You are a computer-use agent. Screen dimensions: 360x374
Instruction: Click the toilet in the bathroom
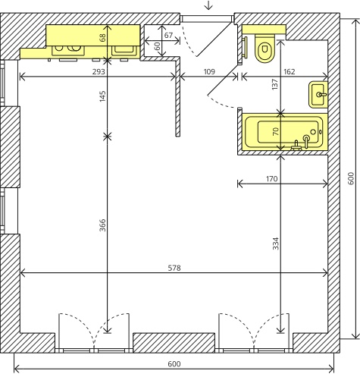(265, 48)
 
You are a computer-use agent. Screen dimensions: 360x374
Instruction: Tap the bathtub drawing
(285, 132)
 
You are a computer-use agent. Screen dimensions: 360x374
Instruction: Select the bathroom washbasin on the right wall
(318, 94)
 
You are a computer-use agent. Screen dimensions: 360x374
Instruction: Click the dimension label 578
(174, 268)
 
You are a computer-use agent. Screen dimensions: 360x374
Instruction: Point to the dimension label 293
(99, 72)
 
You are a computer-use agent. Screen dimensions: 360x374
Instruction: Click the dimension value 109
(209, 72)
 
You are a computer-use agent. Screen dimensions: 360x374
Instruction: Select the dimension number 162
(289, 72)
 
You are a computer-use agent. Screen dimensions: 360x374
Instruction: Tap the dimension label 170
(271, 179)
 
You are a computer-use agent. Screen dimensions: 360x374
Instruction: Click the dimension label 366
(102, 225)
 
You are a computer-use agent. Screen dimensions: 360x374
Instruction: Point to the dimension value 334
(276, 244)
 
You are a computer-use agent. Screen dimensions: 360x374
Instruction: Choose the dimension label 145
(102, 96)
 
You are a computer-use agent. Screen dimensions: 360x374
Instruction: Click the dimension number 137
(275, 84)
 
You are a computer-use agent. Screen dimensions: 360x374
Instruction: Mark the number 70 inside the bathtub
(276, 131)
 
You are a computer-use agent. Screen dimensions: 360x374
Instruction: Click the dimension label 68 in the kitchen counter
(103, 38)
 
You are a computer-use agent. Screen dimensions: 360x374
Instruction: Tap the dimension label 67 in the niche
(168, 35)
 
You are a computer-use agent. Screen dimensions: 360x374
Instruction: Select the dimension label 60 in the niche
(157, 46)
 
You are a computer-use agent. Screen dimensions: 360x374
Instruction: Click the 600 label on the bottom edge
(174, 364)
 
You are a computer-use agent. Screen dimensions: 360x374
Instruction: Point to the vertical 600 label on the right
(351, 178)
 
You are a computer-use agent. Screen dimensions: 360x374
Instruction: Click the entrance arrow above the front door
(208, 5)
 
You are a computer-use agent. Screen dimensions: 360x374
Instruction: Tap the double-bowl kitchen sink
(68, 50)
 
